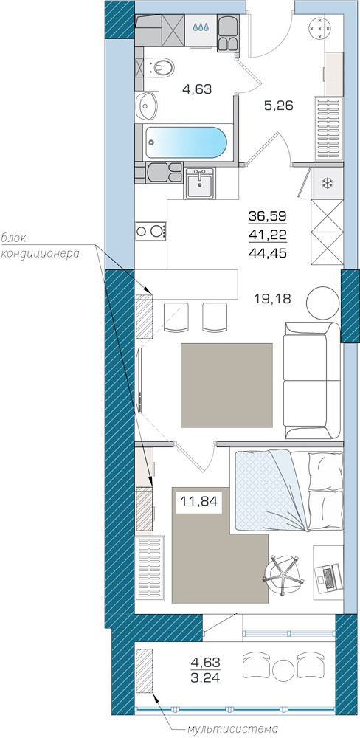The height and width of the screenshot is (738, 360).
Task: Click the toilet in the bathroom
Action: pos(159,67)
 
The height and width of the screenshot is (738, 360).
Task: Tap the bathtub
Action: pos(186,142)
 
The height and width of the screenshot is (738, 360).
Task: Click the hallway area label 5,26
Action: pos(279,106)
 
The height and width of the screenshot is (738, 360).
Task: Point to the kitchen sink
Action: pos(200,184)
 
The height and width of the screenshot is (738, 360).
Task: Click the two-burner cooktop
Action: pos(151,230)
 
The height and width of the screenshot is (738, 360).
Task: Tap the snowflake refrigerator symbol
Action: pos(327,183)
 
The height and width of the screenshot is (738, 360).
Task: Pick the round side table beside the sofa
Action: pos(322,303)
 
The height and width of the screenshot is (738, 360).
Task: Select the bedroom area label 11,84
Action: pos(199,501)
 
